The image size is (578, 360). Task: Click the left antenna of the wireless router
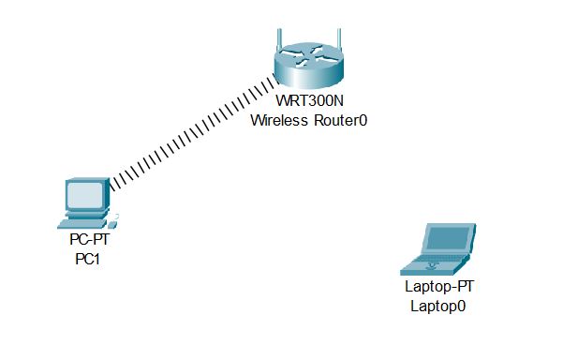click(278, 42)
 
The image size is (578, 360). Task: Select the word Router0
click(337, 120)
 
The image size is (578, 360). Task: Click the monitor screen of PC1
click(84, 195)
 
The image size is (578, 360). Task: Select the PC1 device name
click(87, 259)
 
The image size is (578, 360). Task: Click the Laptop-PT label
click(438, 288)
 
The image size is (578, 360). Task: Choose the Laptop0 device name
click(437, 305)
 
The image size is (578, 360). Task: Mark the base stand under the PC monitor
click(82, 215)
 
